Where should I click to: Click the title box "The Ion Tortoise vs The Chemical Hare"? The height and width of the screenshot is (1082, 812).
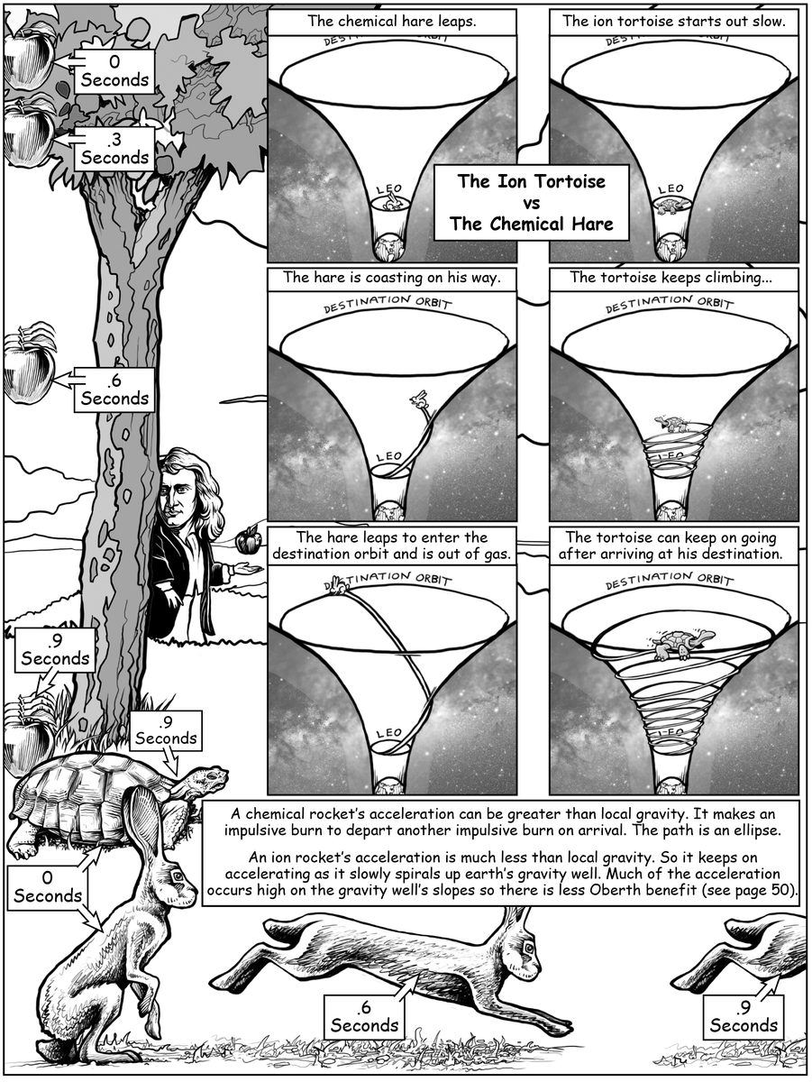[x=530, y=203]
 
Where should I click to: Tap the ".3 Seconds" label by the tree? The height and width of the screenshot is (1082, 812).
[x=114, y=149]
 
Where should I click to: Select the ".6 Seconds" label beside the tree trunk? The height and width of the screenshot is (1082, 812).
[x=114, y=390]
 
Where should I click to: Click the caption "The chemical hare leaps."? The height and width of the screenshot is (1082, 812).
[x=391, y=21]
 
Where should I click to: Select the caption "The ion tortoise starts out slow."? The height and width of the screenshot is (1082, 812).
[x=673, y=21]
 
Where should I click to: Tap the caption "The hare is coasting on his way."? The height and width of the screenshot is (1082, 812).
[x=391, y=278]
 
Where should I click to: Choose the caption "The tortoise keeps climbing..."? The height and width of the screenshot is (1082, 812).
[x=673, y=278]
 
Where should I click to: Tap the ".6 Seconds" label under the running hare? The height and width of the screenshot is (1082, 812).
[x=365, y=1016]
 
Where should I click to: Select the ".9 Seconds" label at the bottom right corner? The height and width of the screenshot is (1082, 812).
[x=744, y=1016]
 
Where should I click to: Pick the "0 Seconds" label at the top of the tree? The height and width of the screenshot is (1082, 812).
[x=114, y=71]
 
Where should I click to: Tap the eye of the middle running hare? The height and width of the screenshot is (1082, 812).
[x=527, y=948]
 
